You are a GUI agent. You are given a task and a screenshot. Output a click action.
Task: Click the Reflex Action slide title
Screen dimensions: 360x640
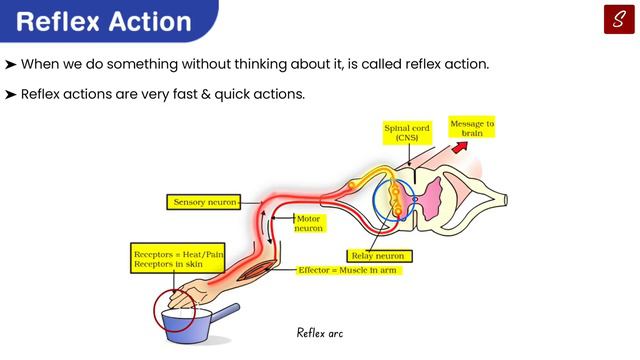105,21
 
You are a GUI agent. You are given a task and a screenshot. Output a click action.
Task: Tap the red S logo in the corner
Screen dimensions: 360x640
618,19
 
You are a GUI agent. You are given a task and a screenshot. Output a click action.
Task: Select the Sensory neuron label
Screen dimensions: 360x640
205,202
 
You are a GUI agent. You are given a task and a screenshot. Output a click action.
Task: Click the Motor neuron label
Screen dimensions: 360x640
309,223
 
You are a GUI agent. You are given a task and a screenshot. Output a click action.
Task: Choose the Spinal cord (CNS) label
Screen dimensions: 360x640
408,132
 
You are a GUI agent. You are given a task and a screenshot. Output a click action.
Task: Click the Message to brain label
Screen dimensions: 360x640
471,129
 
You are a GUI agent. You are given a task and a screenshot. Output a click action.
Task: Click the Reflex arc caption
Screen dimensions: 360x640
320,332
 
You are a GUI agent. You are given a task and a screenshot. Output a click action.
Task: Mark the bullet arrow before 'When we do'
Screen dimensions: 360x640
10,65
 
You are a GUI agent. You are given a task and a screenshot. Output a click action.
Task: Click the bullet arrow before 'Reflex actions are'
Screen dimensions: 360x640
10,94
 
